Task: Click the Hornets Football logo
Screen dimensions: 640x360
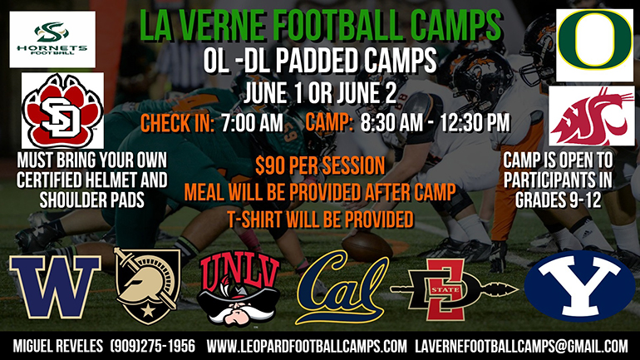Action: click(52, 39)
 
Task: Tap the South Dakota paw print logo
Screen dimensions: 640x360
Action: click(62, 111)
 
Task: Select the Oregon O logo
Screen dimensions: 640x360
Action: click(595, 45)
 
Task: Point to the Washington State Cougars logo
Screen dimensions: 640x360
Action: click(591, 116)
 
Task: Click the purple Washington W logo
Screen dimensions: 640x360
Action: click(55, 287)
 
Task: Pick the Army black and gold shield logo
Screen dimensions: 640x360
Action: click(146, 286)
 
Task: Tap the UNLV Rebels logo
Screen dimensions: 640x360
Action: click(239, 289)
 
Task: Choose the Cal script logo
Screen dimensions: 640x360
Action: click(342, 287)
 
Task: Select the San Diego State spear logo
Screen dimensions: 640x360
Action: click(454, 289)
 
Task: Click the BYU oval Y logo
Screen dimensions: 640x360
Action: click(579, 286)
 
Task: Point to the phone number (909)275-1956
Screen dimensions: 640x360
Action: click(153, 346)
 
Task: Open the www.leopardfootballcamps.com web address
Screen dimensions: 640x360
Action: click(307, 346)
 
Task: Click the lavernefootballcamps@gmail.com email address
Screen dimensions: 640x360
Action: click(522, 346)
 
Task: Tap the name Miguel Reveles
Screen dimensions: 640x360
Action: click(58, 346)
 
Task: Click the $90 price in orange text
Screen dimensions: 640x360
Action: click(270, 165)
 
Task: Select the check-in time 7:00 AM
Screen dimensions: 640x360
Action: click(252, 123)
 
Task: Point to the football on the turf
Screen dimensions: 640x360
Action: click(367, 246)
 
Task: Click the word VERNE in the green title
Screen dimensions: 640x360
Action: click(225, 25)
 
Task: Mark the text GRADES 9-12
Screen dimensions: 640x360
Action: click(558, 200)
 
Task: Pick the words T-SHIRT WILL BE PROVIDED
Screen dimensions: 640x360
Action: click(320, 220)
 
